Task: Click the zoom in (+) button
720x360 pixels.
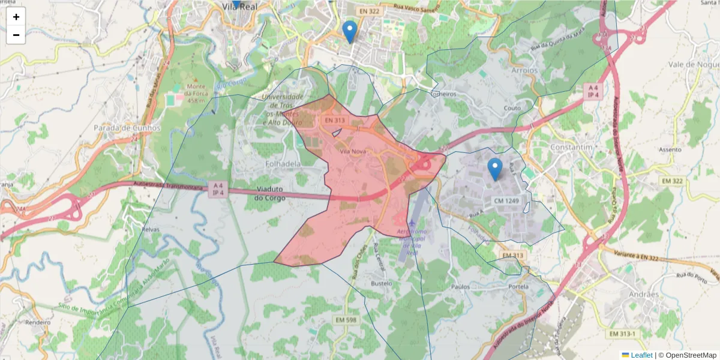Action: (x=16, y=17)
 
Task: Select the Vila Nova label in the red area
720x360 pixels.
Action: (x=353, y=152)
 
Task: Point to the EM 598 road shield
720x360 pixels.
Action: (x=344, y=320)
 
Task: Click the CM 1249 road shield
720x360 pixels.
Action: (x=507, y=200)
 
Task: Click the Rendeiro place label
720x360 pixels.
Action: (x=38, y=322)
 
